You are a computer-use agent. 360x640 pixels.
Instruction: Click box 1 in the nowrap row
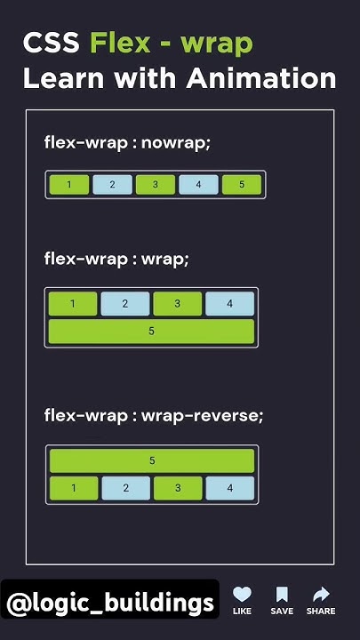coord(69,185)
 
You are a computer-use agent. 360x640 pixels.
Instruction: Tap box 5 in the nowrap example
coord(241,185)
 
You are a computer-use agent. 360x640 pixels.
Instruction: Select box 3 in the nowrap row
coord(156,185)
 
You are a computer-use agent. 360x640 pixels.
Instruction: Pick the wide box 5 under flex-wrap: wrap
coord(151,331)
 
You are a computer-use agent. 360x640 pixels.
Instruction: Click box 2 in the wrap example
coord(124,304)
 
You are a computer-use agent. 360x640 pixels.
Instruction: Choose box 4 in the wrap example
coord(229,304)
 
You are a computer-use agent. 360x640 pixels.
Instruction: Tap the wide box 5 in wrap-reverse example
coord(152,460)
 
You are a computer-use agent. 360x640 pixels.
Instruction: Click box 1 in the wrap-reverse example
coord(72,488)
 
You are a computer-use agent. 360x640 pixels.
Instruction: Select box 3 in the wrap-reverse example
coord(177,488)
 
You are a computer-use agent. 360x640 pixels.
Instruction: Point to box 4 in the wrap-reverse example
coord(229,488)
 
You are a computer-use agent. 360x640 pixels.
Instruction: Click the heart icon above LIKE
coord(242,595)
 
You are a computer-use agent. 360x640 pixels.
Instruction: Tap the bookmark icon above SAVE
coord(282,595)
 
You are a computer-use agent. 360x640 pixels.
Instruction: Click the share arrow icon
coord(321,595)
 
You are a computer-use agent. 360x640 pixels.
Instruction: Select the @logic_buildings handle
coord(109,604)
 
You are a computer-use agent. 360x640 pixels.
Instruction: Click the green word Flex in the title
coord(120,43)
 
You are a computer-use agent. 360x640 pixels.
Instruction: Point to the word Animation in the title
coord(260,78)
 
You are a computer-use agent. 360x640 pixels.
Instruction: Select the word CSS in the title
coord(52,43)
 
